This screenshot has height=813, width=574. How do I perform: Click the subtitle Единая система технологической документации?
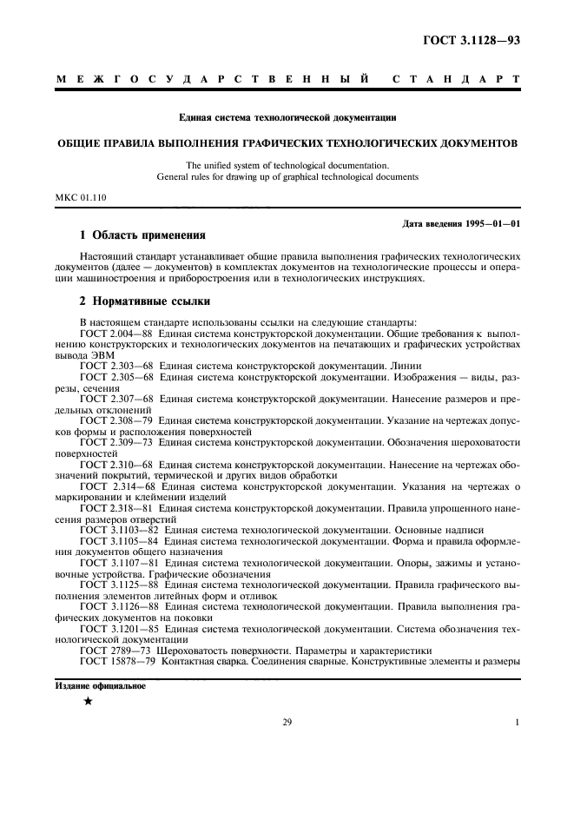coord(287,116)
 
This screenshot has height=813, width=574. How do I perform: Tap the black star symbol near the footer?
coord(88,702)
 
